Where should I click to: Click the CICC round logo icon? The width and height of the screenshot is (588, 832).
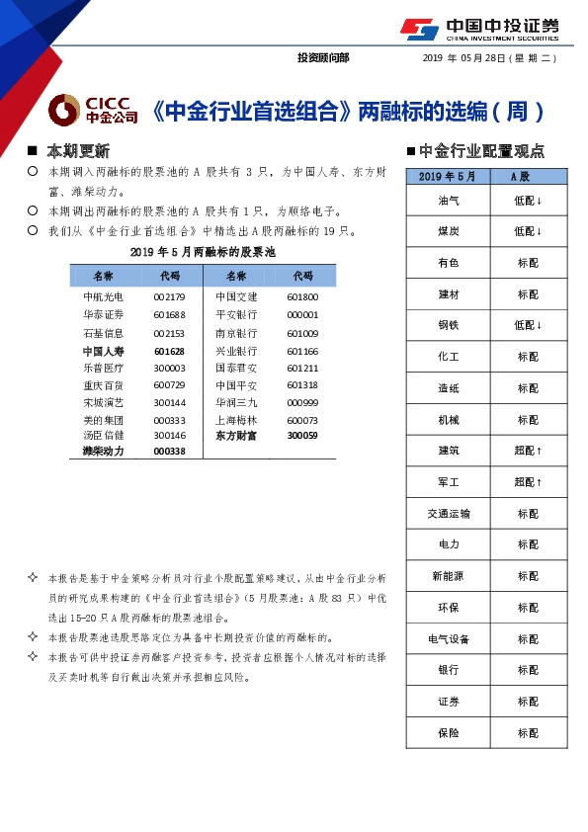(x=64, y=110)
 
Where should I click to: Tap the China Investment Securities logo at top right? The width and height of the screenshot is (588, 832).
(x=479, y=30)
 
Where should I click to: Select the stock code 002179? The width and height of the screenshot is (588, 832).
(x=169, y=296)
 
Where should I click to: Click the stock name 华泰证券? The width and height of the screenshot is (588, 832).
(x=103, y=314)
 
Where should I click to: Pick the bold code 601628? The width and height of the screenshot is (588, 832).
(x=169, y=351)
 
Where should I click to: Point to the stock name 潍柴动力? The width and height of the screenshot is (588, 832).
(x=103, y=452)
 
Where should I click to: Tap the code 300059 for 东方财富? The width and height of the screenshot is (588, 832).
(x=302, y=434)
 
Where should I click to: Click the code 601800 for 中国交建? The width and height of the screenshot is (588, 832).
(x=302, y=296)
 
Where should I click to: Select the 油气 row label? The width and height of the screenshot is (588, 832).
(x=448, y=200)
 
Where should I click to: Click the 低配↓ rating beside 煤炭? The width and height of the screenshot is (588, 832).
(x=527, y=231)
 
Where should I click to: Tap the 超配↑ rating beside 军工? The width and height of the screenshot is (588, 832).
(x=527, y=482)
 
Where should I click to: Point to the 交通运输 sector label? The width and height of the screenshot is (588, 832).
(x=448, y=514)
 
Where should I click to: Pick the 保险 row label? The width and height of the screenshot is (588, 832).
(x=448, y=733)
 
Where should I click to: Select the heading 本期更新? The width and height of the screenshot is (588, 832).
(x=78, y=151)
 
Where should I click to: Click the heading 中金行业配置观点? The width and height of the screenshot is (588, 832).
(x=481, y=151)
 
